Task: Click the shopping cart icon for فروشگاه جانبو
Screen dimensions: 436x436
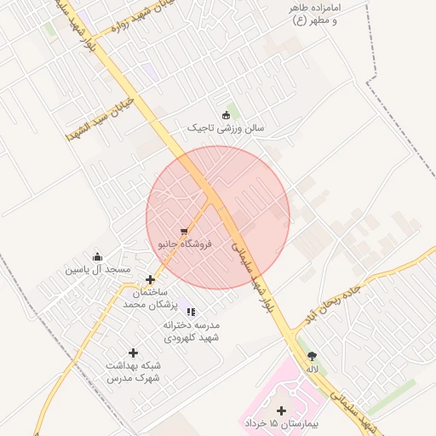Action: point(184,231)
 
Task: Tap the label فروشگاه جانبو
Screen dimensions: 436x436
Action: point(185,244)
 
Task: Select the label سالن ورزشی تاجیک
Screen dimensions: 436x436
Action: point(226,128)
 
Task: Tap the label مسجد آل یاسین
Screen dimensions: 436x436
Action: point(98,270)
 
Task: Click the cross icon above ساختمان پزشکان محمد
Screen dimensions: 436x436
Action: point(151,279)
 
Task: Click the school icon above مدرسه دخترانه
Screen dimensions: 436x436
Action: point(191,312)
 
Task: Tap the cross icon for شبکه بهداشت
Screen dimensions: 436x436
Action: point(133,353)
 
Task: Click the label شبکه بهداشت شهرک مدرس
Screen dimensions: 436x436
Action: point(133,370)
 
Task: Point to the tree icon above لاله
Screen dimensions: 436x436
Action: point(313,357)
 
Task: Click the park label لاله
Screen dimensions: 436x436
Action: point(313,370)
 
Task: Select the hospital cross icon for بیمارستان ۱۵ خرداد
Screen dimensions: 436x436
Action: point(282,410)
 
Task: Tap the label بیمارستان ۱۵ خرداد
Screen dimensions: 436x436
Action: point(282,423)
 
